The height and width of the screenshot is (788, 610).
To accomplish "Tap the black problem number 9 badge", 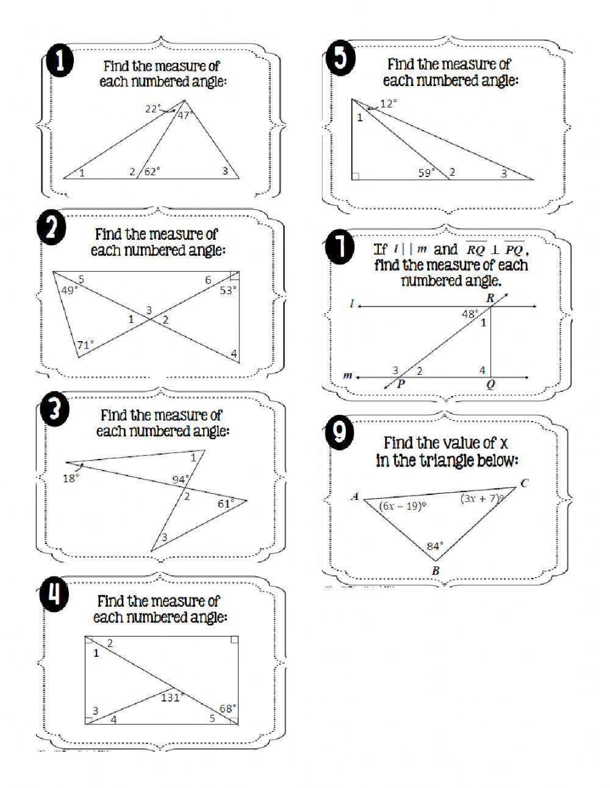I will click(340, 433).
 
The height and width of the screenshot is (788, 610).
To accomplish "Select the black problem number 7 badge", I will click(339, 249).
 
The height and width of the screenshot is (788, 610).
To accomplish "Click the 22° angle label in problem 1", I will click(153, 109).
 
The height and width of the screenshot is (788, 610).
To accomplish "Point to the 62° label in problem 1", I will click(151, 172).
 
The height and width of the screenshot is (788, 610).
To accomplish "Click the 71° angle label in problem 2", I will click(85, 345).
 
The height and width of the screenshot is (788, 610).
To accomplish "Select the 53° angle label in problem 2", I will click(228, 291).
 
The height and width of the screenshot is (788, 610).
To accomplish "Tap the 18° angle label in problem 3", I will click(71, 479).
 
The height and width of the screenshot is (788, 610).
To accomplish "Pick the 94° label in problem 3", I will click(180, 480).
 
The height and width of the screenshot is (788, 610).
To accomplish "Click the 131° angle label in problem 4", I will click(170, 697).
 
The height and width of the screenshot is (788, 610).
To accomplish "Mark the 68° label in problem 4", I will click(227, 708).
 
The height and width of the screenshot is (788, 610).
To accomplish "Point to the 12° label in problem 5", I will click(388, 104).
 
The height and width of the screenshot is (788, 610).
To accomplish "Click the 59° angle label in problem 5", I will click(426, 173).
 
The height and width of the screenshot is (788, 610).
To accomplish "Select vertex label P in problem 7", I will click(401, 384).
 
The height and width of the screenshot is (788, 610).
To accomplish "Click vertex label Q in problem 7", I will click(490, 385).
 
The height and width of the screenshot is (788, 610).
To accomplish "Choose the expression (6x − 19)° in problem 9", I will click(403, 505).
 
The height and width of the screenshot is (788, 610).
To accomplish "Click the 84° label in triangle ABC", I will click(435, 546).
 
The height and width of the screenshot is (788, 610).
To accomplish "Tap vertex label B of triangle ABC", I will click(436, 571).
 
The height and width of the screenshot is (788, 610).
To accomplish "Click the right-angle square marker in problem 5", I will click(356, 176).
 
